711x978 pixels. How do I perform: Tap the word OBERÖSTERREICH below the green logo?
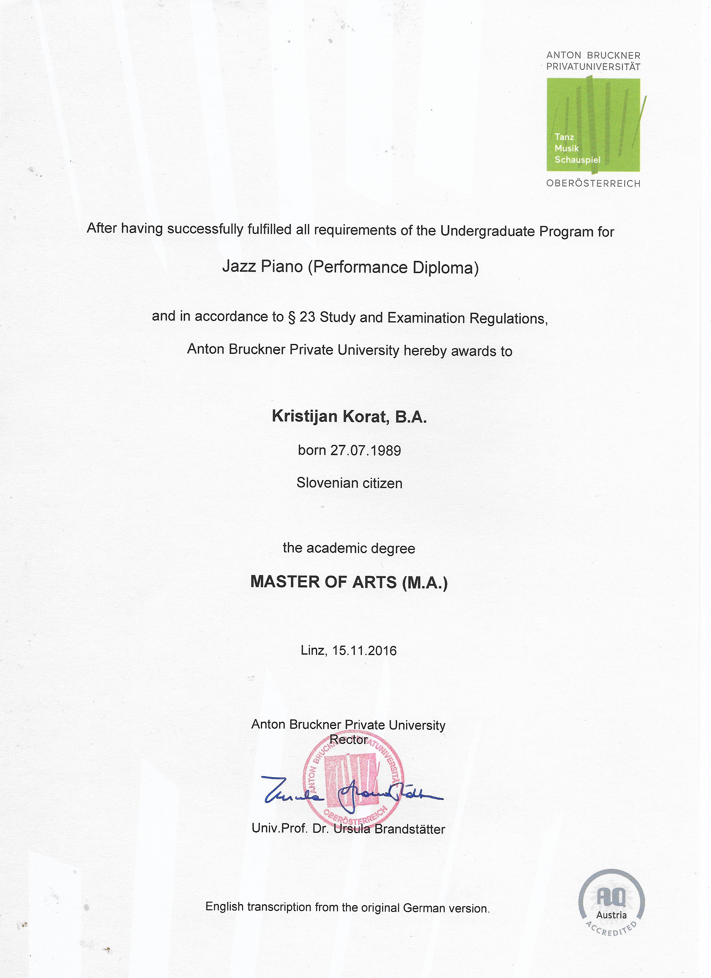click(x=593, y=184)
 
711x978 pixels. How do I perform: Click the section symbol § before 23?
click(x=292, y=317)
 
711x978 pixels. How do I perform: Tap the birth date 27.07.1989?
click(x=366, y=450)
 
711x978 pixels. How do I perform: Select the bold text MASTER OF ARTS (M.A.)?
click(x=349, y=582)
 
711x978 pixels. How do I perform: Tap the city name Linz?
click(x=313, y=650)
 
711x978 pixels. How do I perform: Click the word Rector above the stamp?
click(x=348, y=740)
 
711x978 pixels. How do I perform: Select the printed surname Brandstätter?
click(x=410, y=829)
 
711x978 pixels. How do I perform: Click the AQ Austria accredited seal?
click(x=611, y=903)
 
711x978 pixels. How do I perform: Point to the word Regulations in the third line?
click(x=508, y=319)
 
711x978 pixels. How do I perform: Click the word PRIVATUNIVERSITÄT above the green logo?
click(x=593, y=67)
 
